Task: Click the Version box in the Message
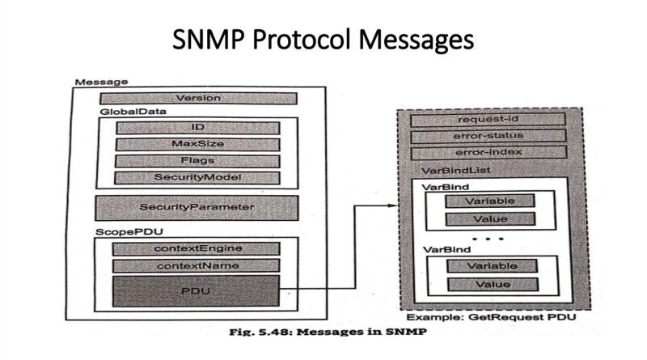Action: [198, 98]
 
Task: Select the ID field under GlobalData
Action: [197, 128]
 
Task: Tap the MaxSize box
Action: [197, 144]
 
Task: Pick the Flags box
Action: [197, 161]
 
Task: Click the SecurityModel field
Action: [197, 177]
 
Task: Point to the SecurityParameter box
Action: [197, 208]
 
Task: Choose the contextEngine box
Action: [196, 248]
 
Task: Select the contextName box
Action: [196, 265]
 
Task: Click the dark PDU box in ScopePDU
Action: [196, 291]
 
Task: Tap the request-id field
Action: [488, 120]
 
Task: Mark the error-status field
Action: [488, 136]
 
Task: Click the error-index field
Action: [489, 152]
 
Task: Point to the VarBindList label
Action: [456, 170]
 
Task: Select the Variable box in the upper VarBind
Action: [490, 201]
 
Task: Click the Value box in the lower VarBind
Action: [493, 285]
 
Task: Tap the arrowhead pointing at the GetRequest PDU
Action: [392, 205]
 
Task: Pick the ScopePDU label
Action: [129, 231]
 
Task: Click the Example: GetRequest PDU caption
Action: [491, 317]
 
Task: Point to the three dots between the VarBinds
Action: [488, 239]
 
